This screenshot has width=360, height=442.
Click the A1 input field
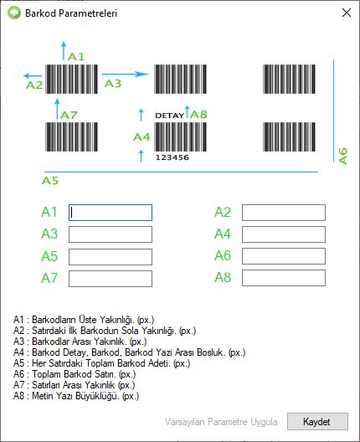(x=111, y=213)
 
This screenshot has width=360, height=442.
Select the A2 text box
(x=284, y=213)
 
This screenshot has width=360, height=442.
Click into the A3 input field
(x=111, y=234)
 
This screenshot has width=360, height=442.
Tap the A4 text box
(x=284, y=234)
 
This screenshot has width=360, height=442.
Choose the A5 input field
(x=111, y=257)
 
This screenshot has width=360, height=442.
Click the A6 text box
(x=284, y=256)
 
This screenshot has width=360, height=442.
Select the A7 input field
(x=111, y=279)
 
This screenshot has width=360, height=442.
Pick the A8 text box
(x=284, y=278)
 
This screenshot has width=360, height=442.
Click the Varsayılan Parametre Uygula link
(x=221, y=422)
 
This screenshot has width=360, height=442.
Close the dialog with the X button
(x=347, y=13)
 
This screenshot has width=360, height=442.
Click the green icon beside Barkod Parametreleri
(x=14, y=13)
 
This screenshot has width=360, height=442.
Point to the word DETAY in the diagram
(x=170, y=116)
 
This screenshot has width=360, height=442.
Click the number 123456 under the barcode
(x=172, y=157)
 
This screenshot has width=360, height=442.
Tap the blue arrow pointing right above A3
(x=126, y=75)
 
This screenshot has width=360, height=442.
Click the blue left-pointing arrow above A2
(x=33, y=75)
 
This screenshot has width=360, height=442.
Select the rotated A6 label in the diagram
(x=342, y=157)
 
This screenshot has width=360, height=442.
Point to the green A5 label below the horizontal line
(x=50, y=181)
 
